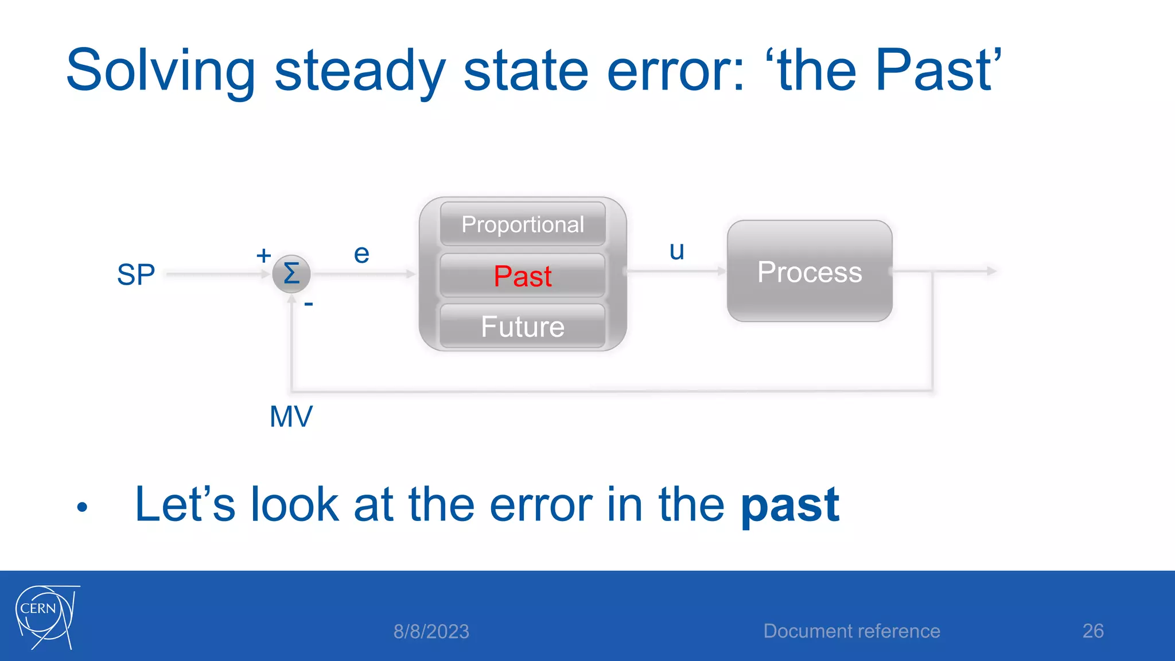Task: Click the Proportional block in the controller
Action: click(523, 224)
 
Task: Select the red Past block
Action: click(523, 276)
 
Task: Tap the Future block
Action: click(523, 326)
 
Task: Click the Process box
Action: click(810, 271)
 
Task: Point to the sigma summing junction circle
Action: click(291, 274)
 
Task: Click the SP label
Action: click(136, 274)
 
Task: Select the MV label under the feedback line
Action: click(291, 417)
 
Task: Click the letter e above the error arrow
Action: click(361, 254)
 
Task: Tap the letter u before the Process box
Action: click(677, 251)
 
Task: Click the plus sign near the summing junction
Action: click(263, 255)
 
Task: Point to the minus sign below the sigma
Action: click(309, 304)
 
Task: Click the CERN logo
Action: click(46, 617)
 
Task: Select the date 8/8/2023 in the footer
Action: click(431, 631)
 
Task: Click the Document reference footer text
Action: click(851, 631)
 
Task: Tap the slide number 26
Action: click(1093, 631)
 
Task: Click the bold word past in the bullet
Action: click(790, 505)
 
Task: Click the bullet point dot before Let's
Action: click(82, 507)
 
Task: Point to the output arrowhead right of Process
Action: click(991, 271)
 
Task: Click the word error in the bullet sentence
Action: click(542, 505)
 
